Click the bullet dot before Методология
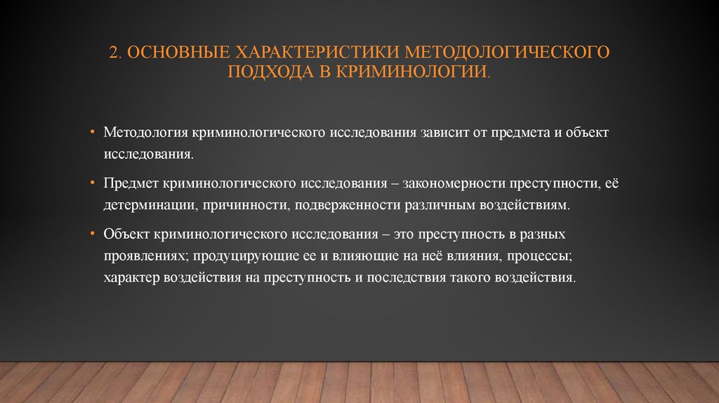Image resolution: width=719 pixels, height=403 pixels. coord(93,132)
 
